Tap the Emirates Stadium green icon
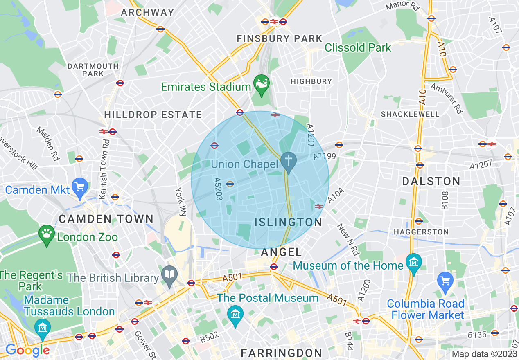pyautogui.click(x=261, y=83)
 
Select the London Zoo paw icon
pyautogui.click(x=47, y=234)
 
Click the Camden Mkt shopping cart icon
pyautogui.click(x=80, y=187)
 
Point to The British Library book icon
pyautogui.click(x=169, y=275)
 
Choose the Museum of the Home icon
pyautogui.click(x=414, y=261)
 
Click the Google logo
pyautogui.click(x=27, y=350)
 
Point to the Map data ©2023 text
pyautogui.click(x=484, y=354)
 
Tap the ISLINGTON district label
pyautogui.click(x=288, y=222)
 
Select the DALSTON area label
pyautogui.click(x=431, y=181)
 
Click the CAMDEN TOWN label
pyautogui.click(x=106, y=219)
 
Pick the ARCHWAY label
pyautogui.click(x=148, y=12)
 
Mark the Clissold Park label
pyautogui.click(x=358, y=48)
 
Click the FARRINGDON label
pyautogui.click(x=282, y=353)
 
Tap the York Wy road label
pyautogui.click(x=180, y=201)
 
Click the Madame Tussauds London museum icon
pyautogui.click(x=43, y=327)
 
